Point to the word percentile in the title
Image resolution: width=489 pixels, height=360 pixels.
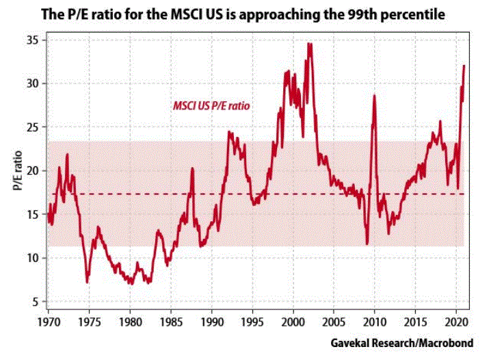(416, 12)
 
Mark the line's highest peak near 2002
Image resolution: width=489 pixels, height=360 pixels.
(310, 44)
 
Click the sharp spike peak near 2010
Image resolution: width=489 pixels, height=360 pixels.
(374, 95)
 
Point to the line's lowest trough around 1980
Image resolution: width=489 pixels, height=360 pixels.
(130, 283)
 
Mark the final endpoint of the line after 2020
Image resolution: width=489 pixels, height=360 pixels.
(464, 66)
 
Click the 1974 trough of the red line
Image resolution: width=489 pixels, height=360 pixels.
(87, 281)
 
